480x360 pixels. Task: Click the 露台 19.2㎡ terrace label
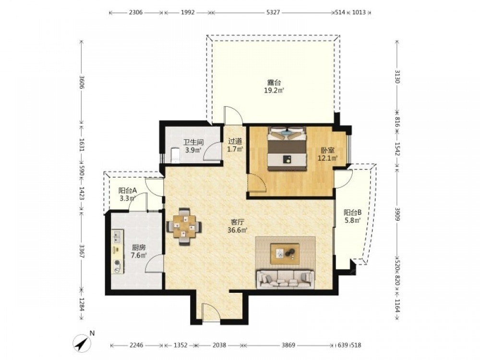[x=274, y=86]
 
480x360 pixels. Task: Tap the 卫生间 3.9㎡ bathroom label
[x=193, y=146]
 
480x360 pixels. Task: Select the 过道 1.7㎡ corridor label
[x=235, y=145]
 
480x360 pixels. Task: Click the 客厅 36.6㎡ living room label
[x=237, y=226]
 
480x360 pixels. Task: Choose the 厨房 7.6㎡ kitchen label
[x=139, y=251]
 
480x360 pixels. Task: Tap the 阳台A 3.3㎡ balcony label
[x=127, y=194]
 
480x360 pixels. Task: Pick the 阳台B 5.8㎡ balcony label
[x=353, y=216]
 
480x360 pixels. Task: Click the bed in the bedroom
[x=287, y=148]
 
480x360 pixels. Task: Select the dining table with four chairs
[x=184, y=227]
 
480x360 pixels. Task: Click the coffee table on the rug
[x=285, y=253]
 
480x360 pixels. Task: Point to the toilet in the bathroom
[x=175, y=155]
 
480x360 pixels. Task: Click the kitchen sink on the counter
[x=117, y=236]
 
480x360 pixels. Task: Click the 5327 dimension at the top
[x=273, y=12]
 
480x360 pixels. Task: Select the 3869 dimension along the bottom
[x=288, y=345]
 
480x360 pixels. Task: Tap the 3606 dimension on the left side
[x=82, y=82]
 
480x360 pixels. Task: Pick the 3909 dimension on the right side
[x=397, y=214]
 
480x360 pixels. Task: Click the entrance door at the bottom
[x=211, y=312]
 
